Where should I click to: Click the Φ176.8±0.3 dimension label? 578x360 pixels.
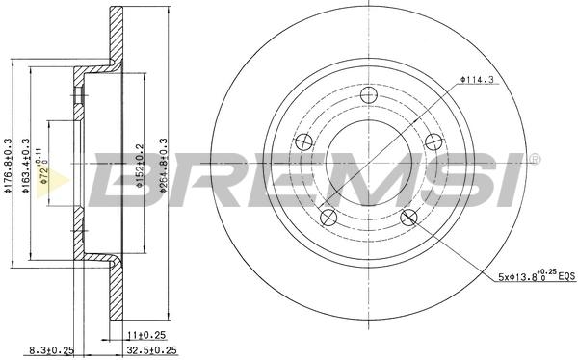7,166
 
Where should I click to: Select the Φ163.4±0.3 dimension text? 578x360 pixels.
25,166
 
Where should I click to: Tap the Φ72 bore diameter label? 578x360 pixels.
42,167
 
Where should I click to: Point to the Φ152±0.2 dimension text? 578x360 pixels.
139,166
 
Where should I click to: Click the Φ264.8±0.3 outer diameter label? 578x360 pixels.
164,166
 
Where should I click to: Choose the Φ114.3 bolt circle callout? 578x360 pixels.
477,79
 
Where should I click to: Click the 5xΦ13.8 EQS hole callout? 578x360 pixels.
537,275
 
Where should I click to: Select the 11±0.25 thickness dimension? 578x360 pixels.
146,335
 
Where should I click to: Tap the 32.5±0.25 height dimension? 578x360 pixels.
151,350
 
